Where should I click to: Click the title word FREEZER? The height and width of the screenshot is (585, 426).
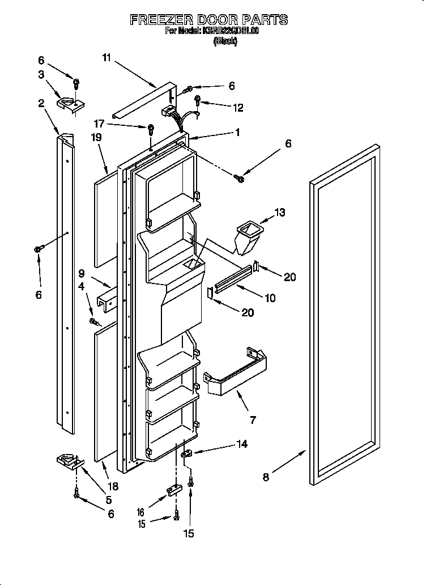pyautogui.click(x=162, y=20)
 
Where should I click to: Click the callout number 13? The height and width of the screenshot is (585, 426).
pyautogui.click(x=279, y=213)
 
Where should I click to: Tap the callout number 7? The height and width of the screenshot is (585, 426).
pyautogui.click(x=253, y=420)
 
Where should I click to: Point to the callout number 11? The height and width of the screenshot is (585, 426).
pyautogui.click(x=107, y=57)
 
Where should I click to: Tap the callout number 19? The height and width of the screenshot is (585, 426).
pyautogui.click(x=97, y=137)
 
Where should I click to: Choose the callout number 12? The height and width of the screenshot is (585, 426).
pyautogui.click(x=238, y=107)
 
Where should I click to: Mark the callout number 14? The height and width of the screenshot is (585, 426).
pyautogui.click(x=242, y=444)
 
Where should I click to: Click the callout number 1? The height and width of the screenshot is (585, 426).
pyautogui.click(x=237, y=133)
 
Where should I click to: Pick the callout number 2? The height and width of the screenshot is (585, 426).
pyautogui.click(x=41, y=103)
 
